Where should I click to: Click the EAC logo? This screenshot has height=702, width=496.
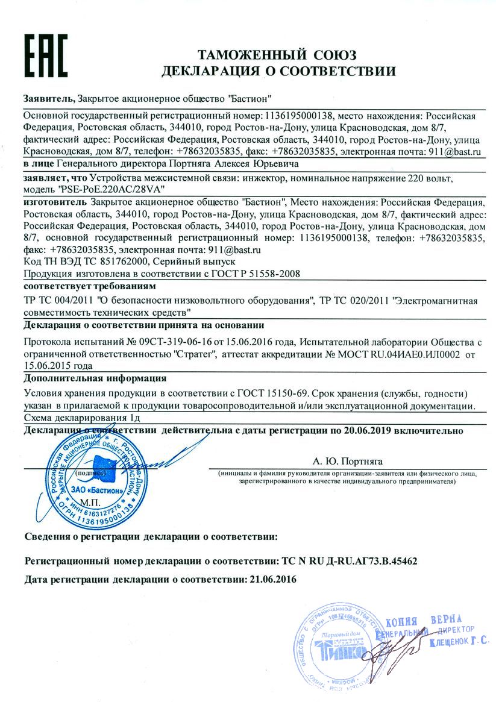point(45,54)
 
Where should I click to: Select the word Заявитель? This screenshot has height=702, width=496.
point(48,98)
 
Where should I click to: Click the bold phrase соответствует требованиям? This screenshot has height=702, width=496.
point(89,285)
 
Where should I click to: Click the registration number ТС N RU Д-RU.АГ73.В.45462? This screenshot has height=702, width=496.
point(350,560)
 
